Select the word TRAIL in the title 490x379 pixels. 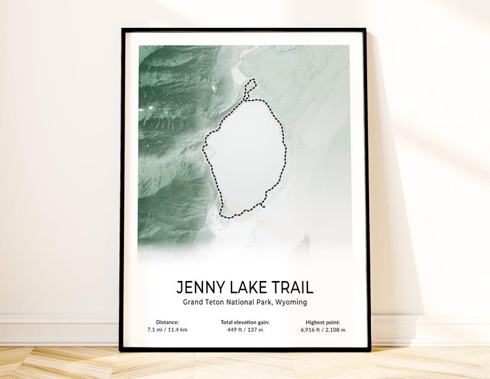tap(293, 287)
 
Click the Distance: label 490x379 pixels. tap(167, 322)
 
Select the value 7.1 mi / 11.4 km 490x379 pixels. tap(167, 330)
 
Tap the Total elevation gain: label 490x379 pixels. tap(245, 322)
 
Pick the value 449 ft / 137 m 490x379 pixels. tap(245, 330)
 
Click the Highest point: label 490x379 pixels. tap(323, 322)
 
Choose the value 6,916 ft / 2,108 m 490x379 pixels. tap(323, 330)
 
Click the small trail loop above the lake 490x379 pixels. tap(249, 88)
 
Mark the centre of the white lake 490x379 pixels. tap(245, 157)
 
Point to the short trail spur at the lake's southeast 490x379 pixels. tap(263, 204)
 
